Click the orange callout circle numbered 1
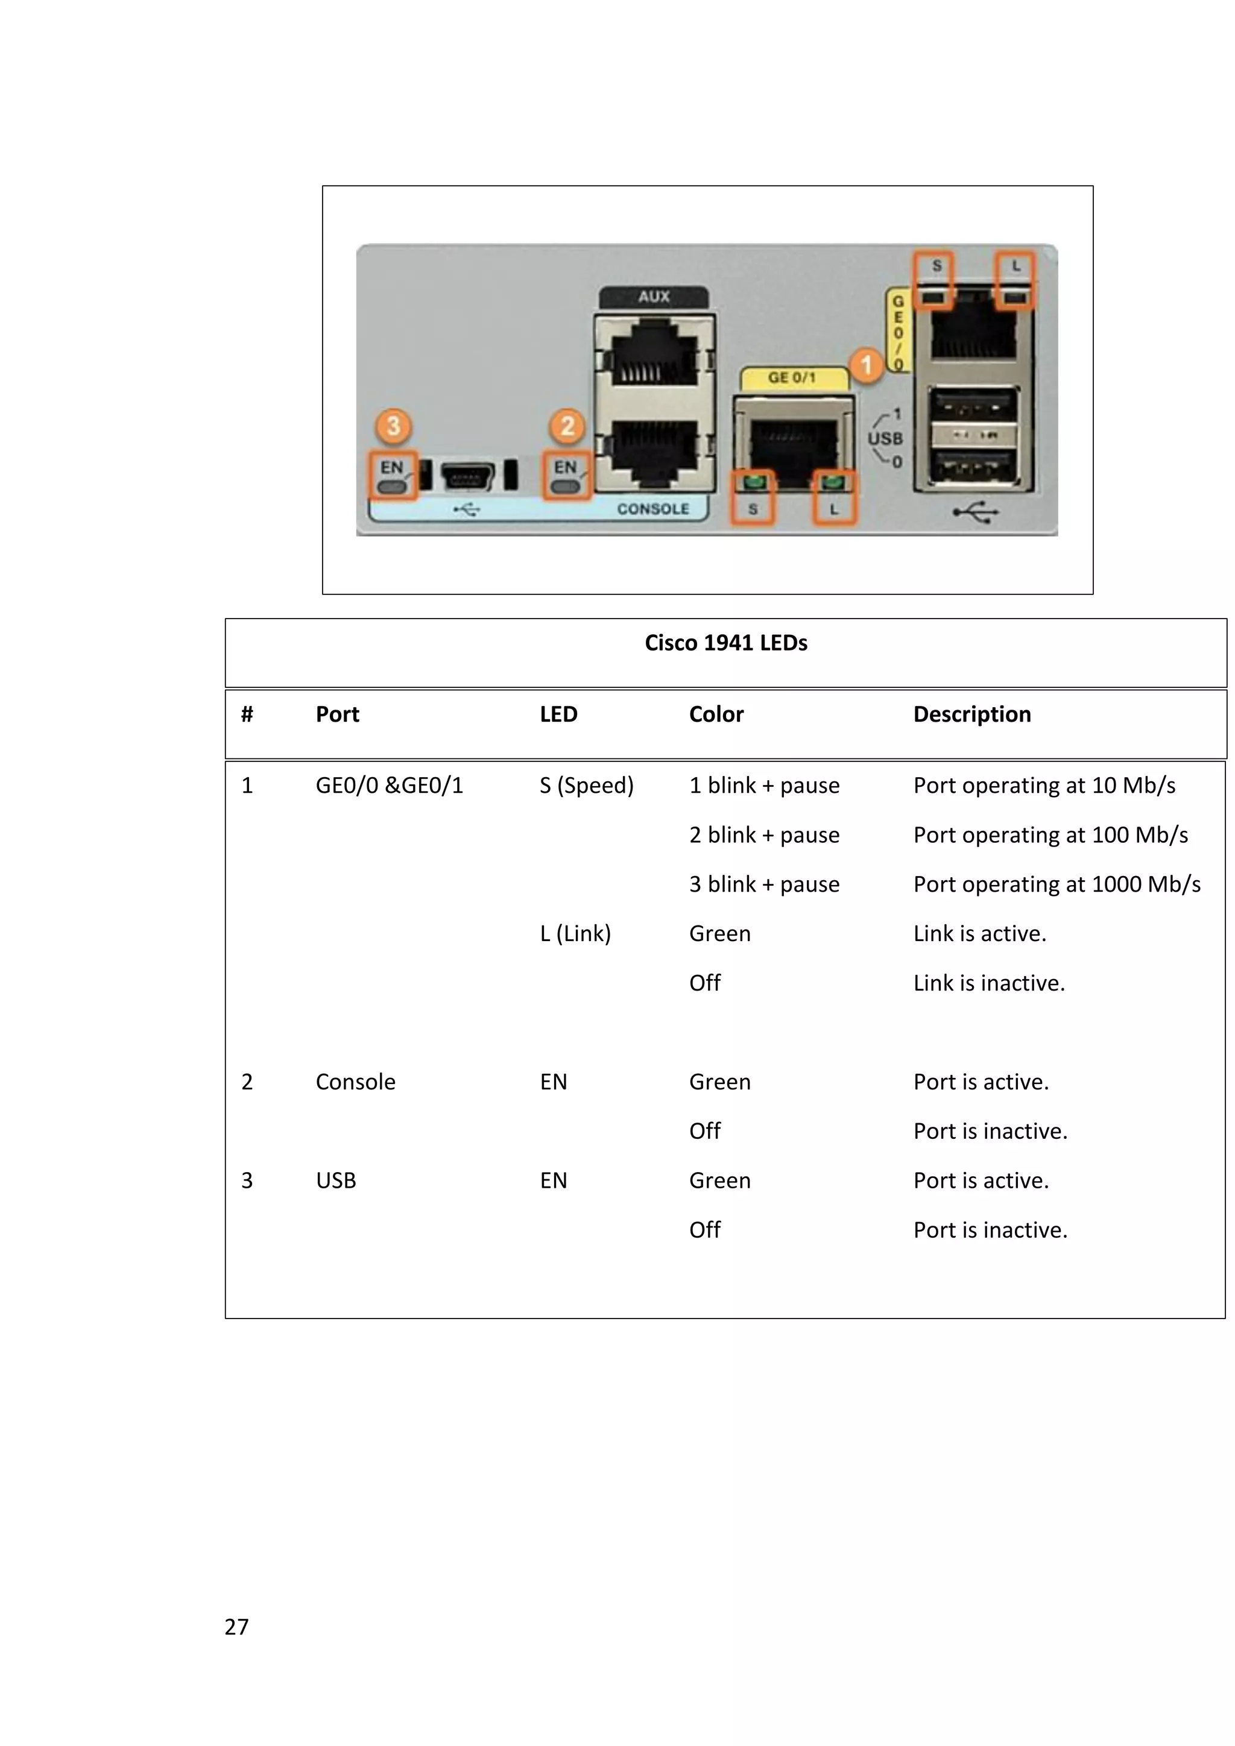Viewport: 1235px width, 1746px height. point(865,365)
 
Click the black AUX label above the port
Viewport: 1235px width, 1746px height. point(654,297)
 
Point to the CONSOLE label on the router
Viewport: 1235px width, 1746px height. point(652,509)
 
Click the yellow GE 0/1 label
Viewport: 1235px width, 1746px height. point(792,377)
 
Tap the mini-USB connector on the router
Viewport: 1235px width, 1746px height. point(467,477)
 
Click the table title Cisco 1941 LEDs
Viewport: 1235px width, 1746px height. point(725,643)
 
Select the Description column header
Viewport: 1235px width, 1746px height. point(972,714)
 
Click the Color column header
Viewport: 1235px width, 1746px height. point(716,714)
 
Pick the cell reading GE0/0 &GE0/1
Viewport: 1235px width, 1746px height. point(390,786)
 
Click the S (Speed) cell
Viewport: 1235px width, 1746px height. point(586,786)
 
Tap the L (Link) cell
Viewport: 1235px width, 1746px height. point(575,934)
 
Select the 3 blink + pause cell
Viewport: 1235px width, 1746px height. point(764,884)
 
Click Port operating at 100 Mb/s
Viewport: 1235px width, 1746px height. point(1050,835)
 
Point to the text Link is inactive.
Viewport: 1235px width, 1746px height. point(988,983)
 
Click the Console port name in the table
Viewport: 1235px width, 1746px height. point(355,1082)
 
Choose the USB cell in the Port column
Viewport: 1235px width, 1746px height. point(335,1181)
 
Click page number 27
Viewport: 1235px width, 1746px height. point(236,1627)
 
